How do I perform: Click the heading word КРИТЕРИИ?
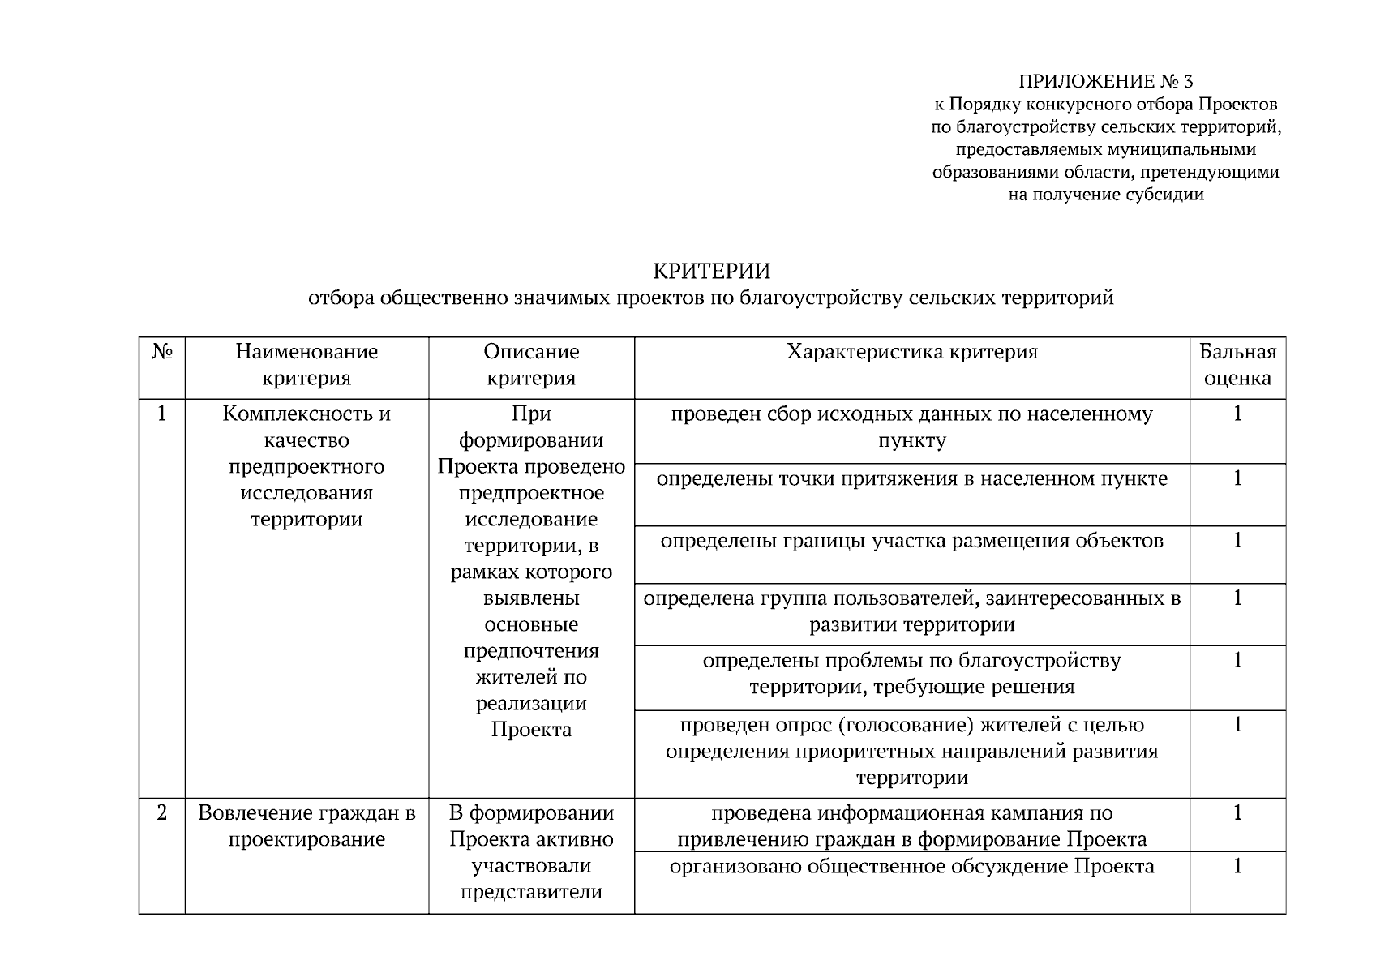point(711,271)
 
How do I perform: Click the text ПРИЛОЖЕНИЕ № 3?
point(1105,82)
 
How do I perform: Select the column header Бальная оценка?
point(1237,365)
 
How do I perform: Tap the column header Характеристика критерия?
point(911,352)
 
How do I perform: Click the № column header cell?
point(162,352)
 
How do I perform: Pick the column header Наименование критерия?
point(306,365)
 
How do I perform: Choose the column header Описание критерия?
point(531,365)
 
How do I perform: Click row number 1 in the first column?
point(162,414)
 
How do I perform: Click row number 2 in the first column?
point(162,813)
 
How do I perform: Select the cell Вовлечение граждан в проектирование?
point(306,826)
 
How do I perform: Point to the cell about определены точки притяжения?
point(911,479)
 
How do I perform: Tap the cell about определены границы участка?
point(911,541)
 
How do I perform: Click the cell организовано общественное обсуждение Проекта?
point(911,867)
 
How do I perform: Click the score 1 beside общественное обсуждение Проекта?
point(1237,867)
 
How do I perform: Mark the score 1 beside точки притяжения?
point(1237,479)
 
